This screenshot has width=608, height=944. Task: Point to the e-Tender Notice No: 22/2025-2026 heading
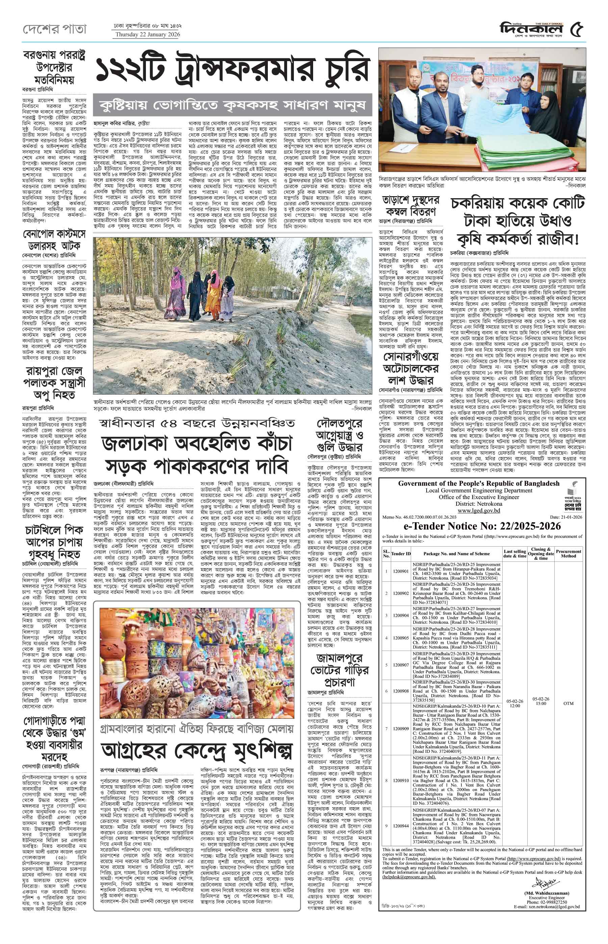[482, 526]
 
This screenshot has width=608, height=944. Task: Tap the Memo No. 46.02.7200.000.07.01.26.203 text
[420, 517]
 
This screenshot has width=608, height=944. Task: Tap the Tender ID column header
[401, 554]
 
